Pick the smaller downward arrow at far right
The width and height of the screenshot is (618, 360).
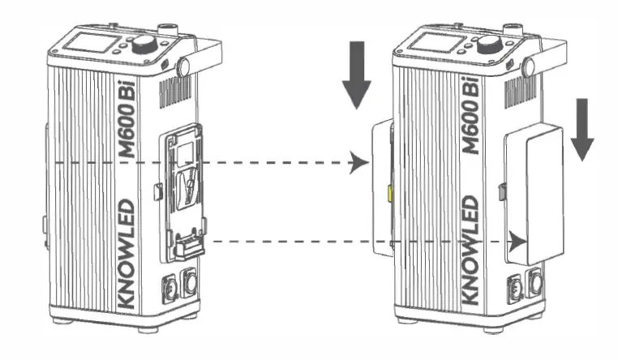(x=582, y=129)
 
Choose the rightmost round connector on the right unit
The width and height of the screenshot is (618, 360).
(x=535, y=283)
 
